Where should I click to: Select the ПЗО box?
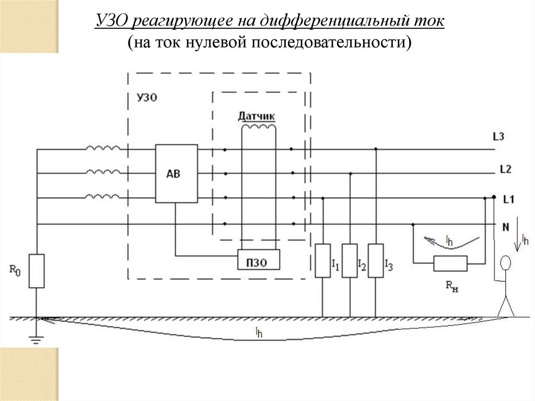pyautogui.click(x=259, y=258)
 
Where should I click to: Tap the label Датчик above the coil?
pyautogui.click(x=257, y=116)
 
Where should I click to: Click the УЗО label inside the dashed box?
pyautogui.click(x=146, y=97)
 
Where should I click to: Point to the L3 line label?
pyautogui.click(x=498, y=137)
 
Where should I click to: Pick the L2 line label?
pyautogui.click(x=505, y=169)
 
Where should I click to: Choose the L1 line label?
pyautogui.click(x=509, y=199)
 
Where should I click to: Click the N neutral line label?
pyautogui.click(x=506, y=227)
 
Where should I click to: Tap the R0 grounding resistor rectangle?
pyautogui.click(x=37, y=270)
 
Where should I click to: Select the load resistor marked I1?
pyautogui.click(x=322, y=260)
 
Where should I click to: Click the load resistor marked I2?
pyautogui.click(x=350, y=260)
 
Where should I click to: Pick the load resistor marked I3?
pyautogui.click(x=375, y=260)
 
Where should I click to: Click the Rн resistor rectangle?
pyautogui.click(x=450, y=264)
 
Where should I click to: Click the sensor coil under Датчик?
pyautogui.click(x=258, y=127)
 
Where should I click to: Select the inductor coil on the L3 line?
pyautogui.click(x=103, y=150)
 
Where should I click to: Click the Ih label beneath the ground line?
pyautogui.click(x=259, y=331)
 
